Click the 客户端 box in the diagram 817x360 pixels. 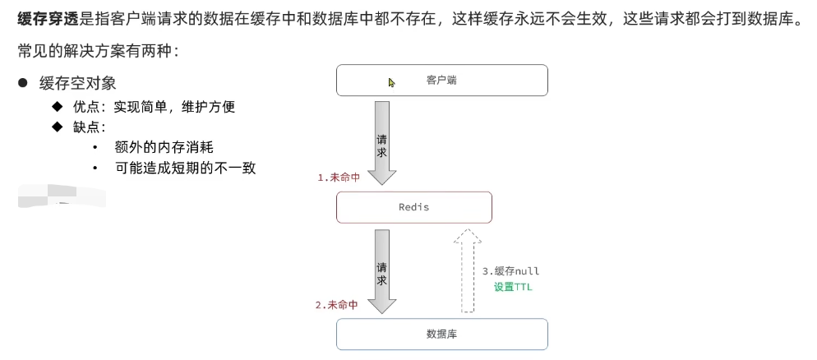[x=441, y=81]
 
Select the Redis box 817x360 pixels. [x=413, y=207]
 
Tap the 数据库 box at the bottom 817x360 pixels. [x=441, y=334]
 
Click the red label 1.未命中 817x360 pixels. [x=340, y=178]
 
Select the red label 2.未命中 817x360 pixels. [x=336, y=305]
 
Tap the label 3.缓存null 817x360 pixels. [x=510, y=270]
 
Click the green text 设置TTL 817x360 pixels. [x=513, y=287]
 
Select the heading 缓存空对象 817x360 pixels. [x=83, y=83]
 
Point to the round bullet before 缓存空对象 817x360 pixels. [x=24, y=83]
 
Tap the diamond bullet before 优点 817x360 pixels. [x=57, y=107]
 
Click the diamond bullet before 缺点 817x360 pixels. [x=57, y=127]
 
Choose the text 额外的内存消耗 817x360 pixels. [x=164, y=147]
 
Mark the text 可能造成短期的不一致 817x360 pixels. [x=186, y=168]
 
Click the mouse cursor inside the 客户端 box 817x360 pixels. [x=392, y=82]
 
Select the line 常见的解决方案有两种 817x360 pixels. [x=97, y=51]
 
